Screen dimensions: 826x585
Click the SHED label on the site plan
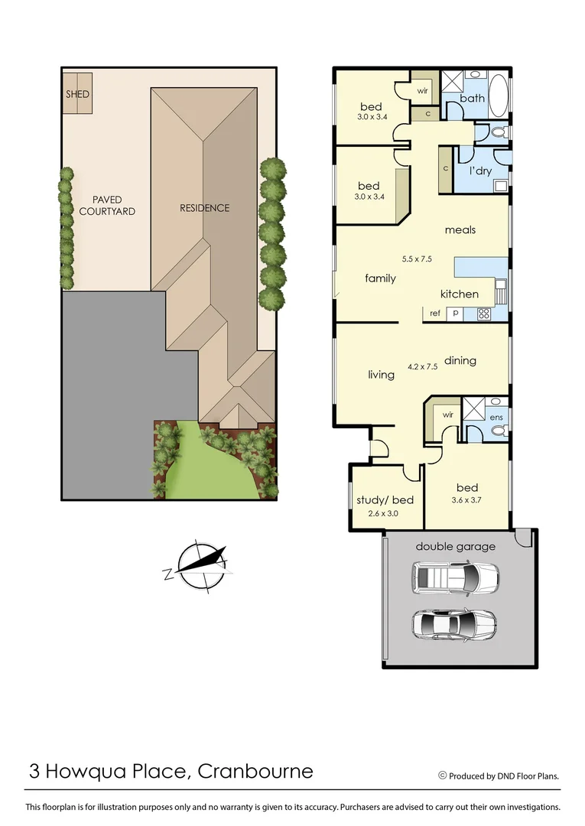point(78,94)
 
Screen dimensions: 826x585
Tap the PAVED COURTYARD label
point(107,205)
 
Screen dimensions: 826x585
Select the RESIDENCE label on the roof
point(204,208)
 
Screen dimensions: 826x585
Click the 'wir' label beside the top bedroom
point(422,90)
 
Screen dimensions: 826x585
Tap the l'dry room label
point(480,171)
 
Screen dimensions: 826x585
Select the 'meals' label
point(460,229)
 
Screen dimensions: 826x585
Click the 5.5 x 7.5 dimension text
point(418,259)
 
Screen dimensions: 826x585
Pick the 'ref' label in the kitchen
point(434,313)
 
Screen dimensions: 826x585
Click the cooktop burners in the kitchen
point(483,313)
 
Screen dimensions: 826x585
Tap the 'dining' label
point(460,360)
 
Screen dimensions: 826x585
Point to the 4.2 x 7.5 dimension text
point(423,366)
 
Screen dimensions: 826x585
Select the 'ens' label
point(496,417)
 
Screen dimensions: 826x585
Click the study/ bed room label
point(385,501)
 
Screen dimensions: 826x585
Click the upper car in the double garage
point(455,578)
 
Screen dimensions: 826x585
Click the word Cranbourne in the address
point(255,770)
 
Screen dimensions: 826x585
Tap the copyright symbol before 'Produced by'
point(442,775)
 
